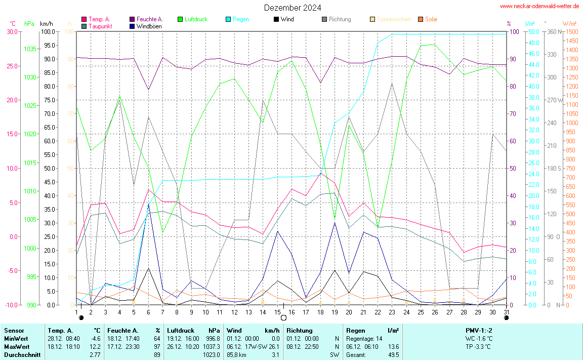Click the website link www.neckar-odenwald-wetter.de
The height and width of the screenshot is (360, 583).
tap(539, 6)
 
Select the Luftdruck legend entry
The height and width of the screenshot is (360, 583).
tap(195, 19)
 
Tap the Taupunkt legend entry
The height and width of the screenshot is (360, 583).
tap(100, 26)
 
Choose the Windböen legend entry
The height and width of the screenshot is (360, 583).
tap(149, 26)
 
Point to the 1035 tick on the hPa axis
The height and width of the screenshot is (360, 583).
tap(30, 49)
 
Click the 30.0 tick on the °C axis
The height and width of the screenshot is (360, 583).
tap(11, 32)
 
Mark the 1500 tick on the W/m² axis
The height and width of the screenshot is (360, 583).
tap(571, 32)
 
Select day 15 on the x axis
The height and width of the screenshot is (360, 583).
tap(277, 311)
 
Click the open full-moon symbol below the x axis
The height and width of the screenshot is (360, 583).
tap(283, 318)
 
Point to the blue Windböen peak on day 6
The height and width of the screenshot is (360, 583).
tap(148, 204)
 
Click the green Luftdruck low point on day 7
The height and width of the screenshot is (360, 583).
tap(162, 232)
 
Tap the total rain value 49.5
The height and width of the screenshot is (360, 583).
tap(393, 354)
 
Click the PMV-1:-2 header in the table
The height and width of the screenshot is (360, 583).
tap(479, 330)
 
